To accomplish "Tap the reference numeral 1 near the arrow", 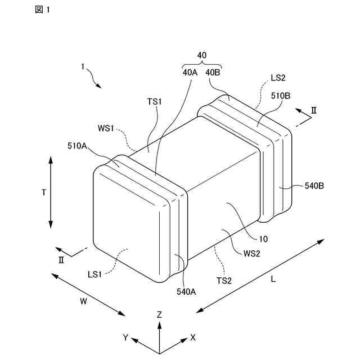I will (82, 66).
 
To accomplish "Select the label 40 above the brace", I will (202, 55).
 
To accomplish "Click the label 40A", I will (190, 72).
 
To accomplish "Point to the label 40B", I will (213, 72).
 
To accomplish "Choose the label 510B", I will (280, 96).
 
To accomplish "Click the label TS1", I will (155, 101).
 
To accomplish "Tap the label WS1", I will (106, 128).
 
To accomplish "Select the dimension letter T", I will (43, 192).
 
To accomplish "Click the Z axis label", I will (160, 314).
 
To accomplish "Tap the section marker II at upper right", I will (314, 110).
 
